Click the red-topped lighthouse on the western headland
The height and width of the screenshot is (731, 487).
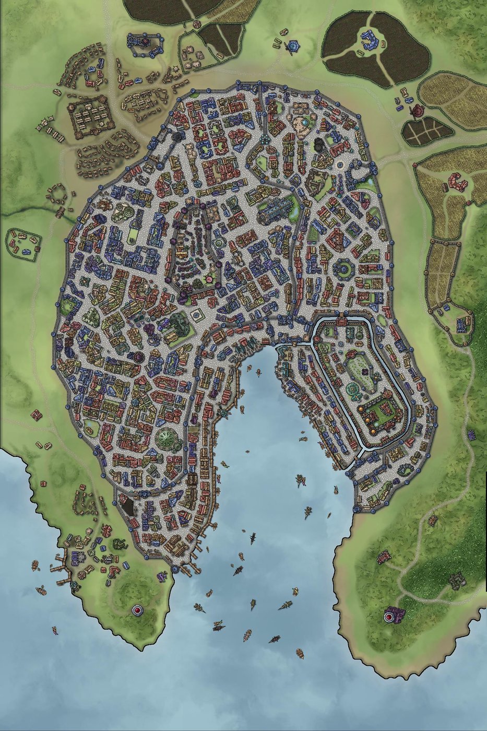pyautogui.click(x=137, y=610)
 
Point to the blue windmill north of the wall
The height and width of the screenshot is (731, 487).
pyautogui.click(x=292, y=46)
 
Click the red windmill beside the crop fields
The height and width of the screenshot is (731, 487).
pyautogui.click(x=418, y=111)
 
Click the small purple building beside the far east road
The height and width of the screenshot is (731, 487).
pyautogui.click(x=471, y=434)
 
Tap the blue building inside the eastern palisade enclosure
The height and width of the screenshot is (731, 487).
pyautogui.click(x=461, y=325)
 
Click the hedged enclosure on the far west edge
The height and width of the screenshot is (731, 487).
pyautogui.click(x=23, y=244)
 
